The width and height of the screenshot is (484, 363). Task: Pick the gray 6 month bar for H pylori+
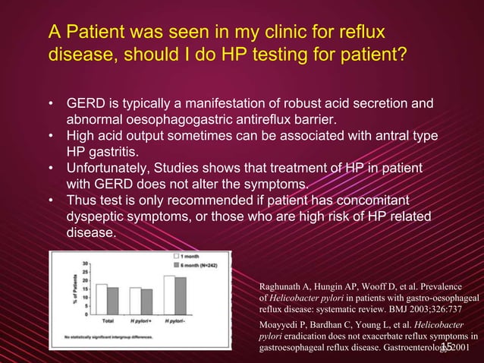coord(146,301)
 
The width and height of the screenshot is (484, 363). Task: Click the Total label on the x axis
coord(108,321)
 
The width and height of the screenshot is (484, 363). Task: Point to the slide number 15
coord(447,347)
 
